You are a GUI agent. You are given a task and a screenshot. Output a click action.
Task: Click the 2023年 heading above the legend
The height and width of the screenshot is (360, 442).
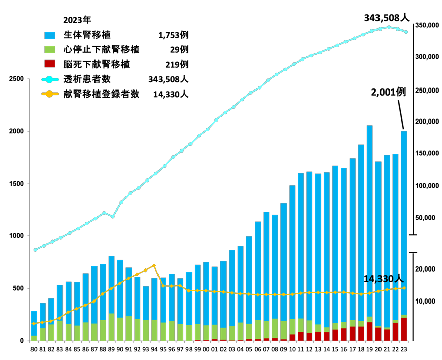(x=77, y=20)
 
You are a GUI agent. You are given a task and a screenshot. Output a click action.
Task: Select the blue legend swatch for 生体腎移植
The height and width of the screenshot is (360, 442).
(x=50, y=35)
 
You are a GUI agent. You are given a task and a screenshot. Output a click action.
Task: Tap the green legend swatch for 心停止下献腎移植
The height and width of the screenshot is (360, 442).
(x=50, y=50)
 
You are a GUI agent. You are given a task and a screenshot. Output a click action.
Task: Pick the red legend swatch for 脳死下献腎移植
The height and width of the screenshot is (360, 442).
(x=50, y=64)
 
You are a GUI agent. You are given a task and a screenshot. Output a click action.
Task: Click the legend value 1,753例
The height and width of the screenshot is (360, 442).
(x=173, y=35)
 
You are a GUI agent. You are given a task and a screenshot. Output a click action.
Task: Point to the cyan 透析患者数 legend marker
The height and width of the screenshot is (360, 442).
(x=50, y=79)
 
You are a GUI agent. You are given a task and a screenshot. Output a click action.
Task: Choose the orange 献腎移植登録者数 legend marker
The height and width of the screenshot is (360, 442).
(x=50, y=94)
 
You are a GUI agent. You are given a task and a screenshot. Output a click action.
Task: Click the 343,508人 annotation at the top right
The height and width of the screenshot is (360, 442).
(x=387, y=18)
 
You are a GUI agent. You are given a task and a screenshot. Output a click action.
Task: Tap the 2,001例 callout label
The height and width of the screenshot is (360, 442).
(x=389, y=92)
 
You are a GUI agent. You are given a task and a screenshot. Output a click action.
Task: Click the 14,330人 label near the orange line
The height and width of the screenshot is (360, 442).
(x=384, y=279)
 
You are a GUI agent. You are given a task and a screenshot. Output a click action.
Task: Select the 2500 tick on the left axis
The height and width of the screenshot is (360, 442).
(x=16, y=79)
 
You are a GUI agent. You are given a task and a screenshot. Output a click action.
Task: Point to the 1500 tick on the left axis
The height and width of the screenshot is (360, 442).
(x=16, y=184)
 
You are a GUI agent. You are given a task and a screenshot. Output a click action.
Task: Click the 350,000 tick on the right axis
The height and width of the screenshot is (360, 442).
(x=427, y=25)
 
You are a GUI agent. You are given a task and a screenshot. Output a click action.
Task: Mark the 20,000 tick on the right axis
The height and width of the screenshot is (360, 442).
(x=425, y=269)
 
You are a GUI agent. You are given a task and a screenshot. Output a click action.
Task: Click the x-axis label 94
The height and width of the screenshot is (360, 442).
(x=154, y=349)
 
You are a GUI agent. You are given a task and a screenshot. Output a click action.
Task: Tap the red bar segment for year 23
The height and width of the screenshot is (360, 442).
(x=404, y=329)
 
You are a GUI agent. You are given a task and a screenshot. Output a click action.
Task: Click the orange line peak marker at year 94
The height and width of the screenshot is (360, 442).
(x=154, y=265)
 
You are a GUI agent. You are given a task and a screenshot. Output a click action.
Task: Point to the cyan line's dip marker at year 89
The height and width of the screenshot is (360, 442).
(x=113, y=217)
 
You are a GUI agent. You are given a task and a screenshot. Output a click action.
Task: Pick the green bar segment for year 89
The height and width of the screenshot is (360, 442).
(x=111, y=327)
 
